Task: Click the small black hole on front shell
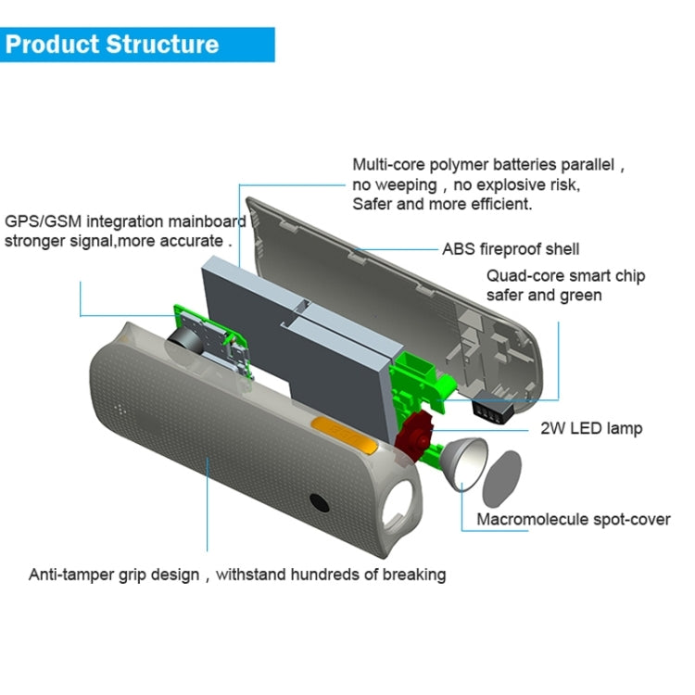321,502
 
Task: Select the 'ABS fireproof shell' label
511,248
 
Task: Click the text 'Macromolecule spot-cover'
573,519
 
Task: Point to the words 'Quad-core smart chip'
566,276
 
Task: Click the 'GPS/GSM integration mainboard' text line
126,221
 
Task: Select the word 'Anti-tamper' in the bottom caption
69,575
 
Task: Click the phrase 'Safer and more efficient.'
442,204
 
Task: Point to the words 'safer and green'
544,296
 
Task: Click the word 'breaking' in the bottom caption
412,575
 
